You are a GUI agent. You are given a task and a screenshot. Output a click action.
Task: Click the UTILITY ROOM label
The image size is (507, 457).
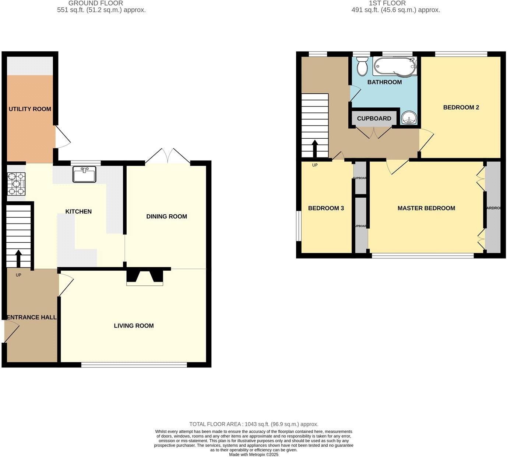tap(30, 109)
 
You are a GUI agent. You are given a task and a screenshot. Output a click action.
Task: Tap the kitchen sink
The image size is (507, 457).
tap(84, 174)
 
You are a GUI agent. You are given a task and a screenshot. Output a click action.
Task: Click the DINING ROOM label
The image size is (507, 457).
tap(166, 217)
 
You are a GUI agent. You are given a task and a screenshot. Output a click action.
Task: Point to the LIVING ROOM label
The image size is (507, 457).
tap(134, 326)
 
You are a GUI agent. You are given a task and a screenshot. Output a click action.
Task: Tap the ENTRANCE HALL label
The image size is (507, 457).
tap(32, 317)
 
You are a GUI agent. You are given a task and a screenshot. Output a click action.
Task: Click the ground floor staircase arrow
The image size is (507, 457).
tap(18, 258)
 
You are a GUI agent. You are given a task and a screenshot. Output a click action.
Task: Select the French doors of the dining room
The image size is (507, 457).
tap(168, 156)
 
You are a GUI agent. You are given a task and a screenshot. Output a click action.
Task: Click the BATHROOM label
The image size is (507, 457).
tap(384, 82)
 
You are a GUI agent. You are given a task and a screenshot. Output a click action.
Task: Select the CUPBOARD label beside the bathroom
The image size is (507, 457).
tap(374, 118)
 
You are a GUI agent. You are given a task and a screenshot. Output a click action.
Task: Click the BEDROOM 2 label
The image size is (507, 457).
tap(461, 107)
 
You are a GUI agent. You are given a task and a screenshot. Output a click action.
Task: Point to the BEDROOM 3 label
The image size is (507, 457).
tap(326, 208)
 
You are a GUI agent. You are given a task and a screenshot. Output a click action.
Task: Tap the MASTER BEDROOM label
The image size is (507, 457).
tap(426, 208)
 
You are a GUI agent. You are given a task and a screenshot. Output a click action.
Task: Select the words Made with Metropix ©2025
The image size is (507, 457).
tap(254, 454)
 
